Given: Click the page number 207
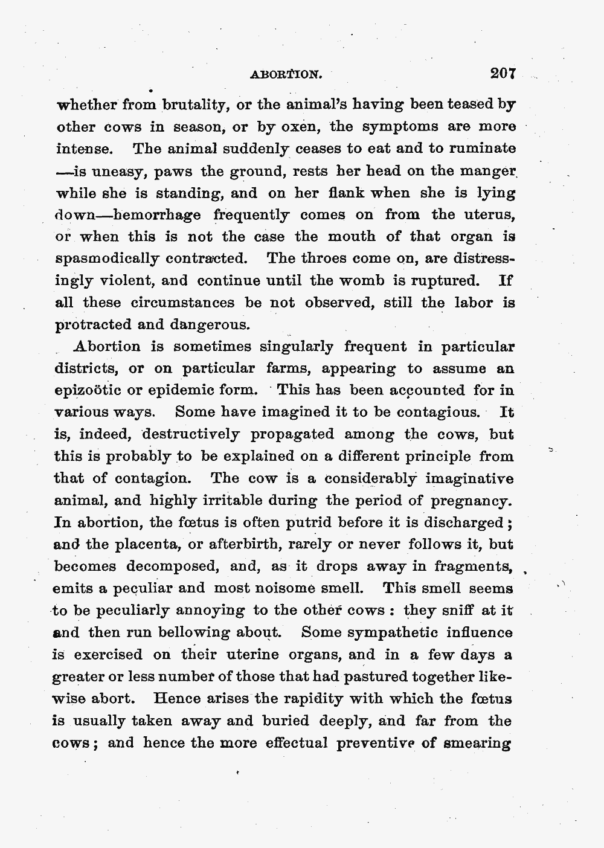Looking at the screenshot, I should [503, 74].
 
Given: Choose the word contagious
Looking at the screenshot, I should [434, 413].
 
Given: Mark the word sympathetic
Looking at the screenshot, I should [381, 633].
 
